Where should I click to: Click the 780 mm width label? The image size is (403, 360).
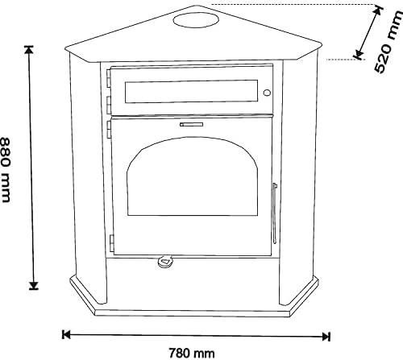point(192,353)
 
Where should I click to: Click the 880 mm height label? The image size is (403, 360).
point(6,170)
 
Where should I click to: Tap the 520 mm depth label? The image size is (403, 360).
point(388,43)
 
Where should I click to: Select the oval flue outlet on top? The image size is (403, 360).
point(196,20)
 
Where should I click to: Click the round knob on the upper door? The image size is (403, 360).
point(267,93)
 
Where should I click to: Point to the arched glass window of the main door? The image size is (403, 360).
point(193,176)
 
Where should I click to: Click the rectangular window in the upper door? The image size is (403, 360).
point(191,91)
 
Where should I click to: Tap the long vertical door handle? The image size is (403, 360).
point(274,213)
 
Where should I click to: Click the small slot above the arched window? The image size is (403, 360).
point(191,124)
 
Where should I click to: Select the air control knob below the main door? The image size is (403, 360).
point(165,261)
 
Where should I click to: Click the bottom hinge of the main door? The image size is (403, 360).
point(111,243)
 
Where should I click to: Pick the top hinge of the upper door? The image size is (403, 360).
point(109,78)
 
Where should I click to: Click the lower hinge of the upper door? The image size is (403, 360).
point(109,105)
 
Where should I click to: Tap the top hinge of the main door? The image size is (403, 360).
point(109,130)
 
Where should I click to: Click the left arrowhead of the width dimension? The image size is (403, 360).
point(66,335)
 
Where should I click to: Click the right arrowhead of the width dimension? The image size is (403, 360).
point(326,337)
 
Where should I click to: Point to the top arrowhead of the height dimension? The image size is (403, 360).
point(29,50)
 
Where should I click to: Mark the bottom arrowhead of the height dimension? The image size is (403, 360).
point(34,286)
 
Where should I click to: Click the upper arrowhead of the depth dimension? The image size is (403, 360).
point(378,10)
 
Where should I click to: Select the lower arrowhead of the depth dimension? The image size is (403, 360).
point(358,55)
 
